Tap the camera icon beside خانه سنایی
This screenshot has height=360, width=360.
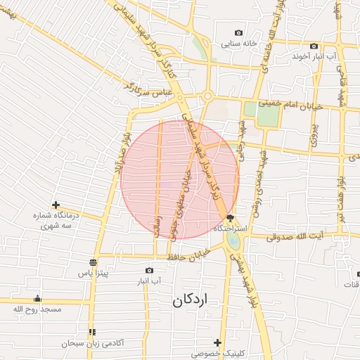coord(239,32)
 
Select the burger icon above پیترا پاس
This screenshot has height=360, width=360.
coord(93,262)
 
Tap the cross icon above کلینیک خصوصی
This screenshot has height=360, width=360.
coord(218,343)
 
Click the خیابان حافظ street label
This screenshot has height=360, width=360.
coord(189,255)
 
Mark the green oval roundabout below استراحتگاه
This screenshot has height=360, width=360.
coord(233,242)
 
